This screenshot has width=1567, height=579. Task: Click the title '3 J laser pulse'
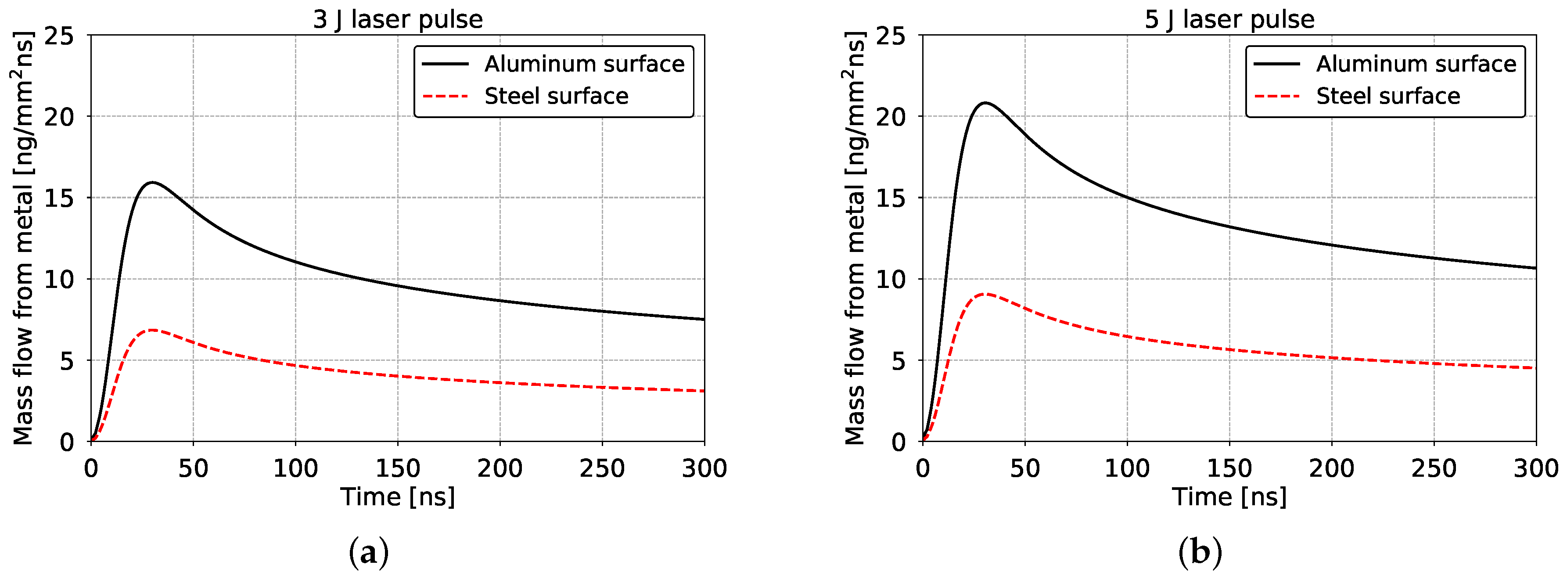(398, 19)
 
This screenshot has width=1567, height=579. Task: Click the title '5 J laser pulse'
(1229, 19)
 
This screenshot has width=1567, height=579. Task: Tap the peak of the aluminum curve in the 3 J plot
(152, 183)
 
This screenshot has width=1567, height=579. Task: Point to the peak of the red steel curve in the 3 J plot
(152, 330)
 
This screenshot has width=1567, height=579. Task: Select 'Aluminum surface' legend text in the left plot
(584, 64)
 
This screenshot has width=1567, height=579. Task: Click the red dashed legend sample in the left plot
(445, 96)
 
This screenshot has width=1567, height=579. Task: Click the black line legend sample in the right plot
(1277, 64)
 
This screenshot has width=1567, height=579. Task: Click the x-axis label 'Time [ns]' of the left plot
(398, 497)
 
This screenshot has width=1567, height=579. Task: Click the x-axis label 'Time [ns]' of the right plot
(1229, 497)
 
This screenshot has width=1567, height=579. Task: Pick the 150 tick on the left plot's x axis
(398, 468)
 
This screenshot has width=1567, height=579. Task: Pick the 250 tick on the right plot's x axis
(1434, 468)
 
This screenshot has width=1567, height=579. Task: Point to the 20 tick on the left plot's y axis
(59, 117)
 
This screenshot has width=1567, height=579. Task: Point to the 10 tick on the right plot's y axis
(891, 280)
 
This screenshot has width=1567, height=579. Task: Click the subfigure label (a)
(369, 553)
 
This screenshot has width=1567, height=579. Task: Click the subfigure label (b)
(1200, 553)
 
